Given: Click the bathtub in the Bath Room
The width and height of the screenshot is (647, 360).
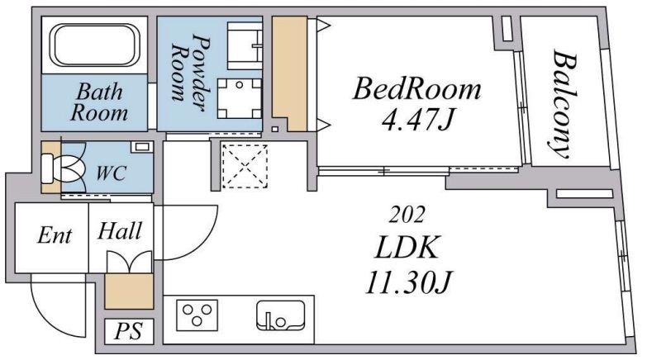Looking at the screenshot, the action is (94, 45).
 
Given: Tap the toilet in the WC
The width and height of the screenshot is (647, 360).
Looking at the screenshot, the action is (62, 168).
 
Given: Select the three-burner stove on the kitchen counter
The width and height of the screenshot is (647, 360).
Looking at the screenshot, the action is (197, 315).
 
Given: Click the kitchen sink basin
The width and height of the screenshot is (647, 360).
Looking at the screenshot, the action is (281, 315).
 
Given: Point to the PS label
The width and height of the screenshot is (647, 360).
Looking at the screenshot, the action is (128, 331).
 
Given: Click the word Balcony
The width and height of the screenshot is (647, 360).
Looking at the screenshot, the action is (564, 103).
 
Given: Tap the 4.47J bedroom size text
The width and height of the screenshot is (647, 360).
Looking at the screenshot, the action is (417, 120).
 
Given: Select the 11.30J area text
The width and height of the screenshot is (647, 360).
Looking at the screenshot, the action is (408, 282).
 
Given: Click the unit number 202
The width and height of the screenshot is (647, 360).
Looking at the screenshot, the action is (407, 215).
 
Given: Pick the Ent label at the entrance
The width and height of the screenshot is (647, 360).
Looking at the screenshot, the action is (54, 235).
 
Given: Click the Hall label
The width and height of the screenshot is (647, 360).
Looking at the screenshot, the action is (120, 230).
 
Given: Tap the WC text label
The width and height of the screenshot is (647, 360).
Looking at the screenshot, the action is (111, 173).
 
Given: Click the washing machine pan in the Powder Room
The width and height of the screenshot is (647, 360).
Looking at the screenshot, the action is (240, 98).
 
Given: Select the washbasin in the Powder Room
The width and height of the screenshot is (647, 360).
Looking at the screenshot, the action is (245, 45).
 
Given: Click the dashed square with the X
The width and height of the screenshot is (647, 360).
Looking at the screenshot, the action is (245, 166).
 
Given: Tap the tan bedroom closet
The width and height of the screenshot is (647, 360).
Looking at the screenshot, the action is (290, 73).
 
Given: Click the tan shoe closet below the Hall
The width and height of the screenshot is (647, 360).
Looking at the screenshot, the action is (129, 291).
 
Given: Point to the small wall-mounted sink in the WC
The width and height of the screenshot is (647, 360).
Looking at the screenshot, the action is (141, 146).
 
